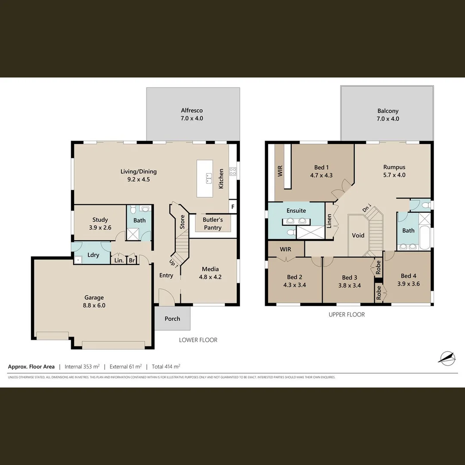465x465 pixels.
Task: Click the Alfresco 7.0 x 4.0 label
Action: tap(192, 115)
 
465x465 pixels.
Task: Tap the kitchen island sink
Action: tap(208, 176)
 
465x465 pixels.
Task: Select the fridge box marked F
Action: tap(233, 207)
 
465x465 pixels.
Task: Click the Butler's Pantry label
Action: tap(213, 223)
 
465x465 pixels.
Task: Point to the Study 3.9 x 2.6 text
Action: tap(100, 223)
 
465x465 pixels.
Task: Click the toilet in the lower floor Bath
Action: tap(133, 210)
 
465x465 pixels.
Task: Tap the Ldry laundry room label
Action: tap(93, 255)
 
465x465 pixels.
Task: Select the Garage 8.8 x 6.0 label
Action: tap(94, 301)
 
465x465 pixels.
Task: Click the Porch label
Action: tap(172, 319)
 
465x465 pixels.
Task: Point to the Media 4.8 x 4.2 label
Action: tap(210, 273)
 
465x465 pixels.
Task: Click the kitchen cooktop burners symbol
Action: tap(233, 171)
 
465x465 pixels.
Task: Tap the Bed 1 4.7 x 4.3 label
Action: tap(321, 171)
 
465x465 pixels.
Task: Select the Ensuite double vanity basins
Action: tap(296, 221)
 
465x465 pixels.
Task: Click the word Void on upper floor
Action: tap(358, 236)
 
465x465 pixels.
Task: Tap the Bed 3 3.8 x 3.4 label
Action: tap(349, 281)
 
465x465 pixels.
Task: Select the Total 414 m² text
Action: tap(165, 367)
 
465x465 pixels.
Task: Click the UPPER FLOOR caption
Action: tap(347, 315)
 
